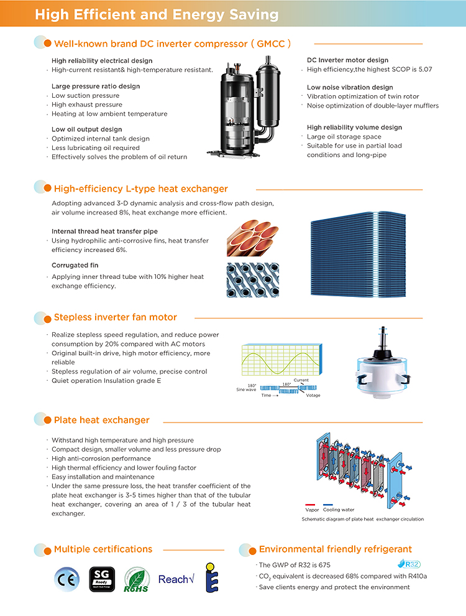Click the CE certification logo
[x=66, y=579]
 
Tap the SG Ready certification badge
[x=102, y=579]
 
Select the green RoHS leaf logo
[x=136, y=579]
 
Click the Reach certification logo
[x=176, y=579]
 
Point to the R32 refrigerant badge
[x=409, y=564]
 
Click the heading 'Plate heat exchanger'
[x=102, y=420]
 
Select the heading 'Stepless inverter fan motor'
[x=116, y=317]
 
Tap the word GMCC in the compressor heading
[x=271, y=44]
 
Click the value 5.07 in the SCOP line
[x=425, y=69]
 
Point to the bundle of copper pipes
[x=253, y=238]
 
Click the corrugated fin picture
[x=253, y=280]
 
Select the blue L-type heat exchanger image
[x=358, y=254]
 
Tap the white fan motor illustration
[x=383, y=363]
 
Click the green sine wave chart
[x=282, y=360]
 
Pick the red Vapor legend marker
[x=310, y=505]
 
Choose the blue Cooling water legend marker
[x=328, y=505]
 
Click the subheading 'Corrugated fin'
[x=75, y=265]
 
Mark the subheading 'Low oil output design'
[x=87, y=129]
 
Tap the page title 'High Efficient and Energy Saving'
[x=157, y=14]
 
